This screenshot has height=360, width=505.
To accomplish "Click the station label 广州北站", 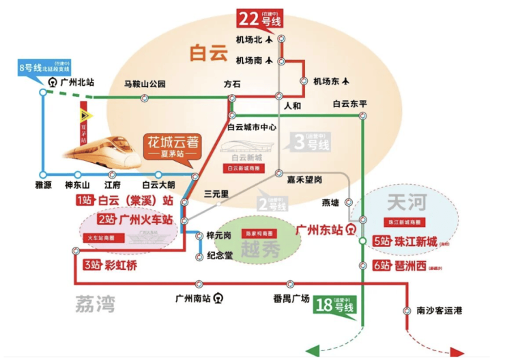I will pos(76,82).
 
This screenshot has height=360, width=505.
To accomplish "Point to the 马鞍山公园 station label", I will pos(145,85).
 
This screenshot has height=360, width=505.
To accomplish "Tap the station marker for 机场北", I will pos(281,40).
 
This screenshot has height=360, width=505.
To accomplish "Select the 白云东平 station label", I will pos(350,104).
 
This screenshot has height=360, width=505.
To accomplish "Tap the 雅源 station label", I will pos(44,185).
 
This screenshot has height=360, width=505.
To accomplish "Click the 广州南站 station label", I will pos(194,298).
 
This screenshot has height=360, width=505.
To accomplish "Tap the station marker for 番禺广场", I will pos(291,284).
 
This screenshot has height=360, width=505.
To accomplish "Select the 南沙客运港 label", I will pos(439,311).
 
